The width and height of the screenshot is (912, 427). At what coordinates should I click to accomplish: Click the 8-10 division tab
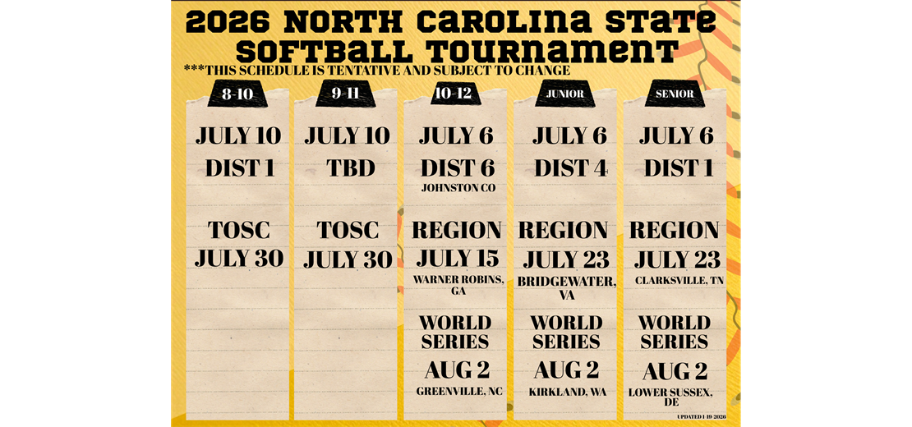click(x=237, y=94)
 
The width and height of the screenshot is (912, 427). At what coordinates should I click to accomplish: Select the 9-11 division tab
click(x=347, y=94)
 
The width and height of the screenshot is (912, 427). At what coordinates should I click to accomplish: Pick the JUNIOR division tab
click(x=565, y=94)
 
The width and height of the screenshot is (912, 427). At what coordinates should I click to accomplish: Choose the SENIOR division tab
click(x=675, y=94)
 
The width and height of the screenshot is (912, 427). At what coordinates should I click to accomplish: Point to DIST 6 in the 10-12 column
click(x=457, y=168)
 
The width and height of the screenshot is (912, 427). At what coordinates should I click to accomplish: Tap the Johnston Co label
click(x=457, y=188)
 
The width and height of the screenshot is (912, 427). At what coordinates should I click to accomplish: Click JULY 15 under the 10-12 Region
click(x=458, y=259)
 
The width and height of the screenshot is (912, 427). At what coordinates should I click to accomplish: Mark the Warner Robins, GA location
click(x=458, y=285)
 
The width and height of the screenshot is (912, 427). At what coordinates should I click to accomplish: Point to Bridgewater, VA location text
click(x=566, y=287)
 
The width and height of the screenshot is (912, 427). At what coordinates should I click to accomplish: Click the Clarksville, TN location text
click(x=678, y=281)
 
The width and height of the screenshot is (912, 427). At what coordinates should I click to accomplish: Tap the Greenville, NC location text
click(x=459, y=392)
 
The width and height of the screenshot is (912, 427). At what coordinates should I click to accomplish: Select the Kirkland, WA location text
click(x=568, y=392)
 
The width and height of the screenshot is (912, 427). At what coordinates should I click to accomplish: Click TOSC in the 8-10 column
click(x=238, y=230)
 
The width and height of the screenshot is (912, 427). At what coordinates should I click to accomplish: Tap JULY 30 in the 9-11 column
click(x=348, y=259)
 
